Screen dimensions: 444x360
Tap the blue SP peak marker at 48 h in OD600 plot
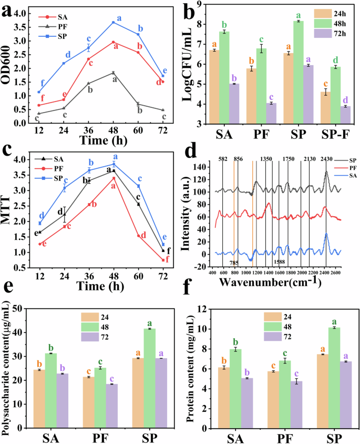tap(112, 23)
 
